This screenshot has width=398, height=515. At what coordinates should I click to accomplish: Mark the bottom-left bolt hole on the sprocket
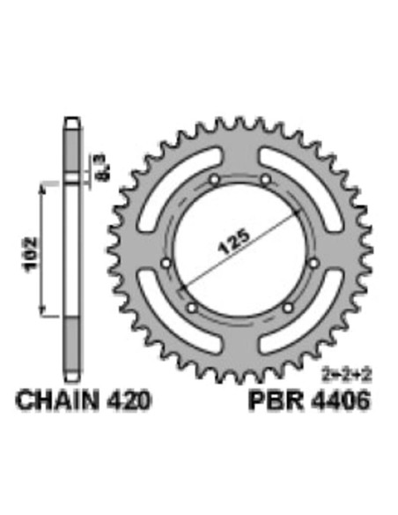(193, 308)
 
